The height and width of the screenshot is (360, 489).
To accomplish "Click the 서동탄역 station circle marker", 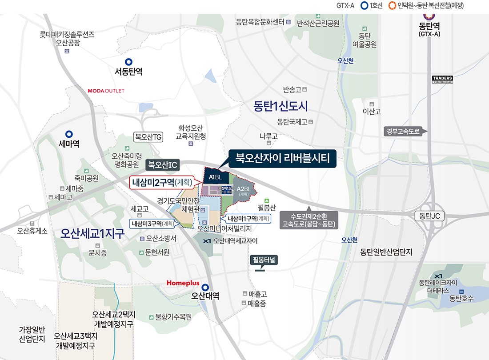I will tap(128, 62).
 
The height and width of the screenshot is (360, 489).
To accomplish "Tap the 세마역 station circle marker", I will tap(69, 134).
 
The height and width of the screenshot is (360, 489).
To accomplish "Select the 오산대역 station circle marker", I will tap(205, 287).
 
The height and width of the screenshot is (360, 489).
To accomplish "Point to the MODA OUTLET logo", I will tap(106, 91).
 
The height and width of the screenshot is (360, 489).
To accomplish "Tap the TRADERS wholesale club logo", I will tap(442, 80).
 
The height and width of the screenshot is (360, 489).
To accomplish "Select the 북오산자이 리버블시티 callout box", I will tap(282, 159).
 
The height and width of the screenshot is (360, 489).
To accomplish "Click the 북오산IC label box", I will tap(163, 165).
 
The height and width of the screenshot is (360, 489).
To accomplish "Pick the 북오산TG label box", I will tap(148, 137).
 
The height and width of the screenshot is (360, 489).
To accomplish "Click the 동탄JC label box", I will tap(429, 216).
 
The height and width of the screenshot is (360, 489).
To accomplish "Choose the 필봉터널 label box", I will tap(264, 260).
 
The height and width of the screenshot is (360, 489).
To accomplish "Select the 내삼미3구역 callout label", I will tap(152, 224).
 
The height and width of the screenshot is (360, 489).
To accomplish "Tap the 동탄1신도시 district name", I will tap(281, 106).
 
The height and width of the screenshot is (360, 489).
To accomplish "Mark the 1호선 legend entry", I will tap(371, 6).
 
